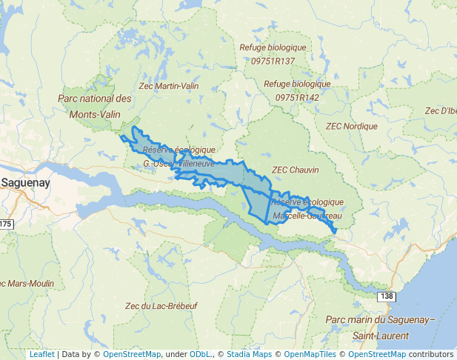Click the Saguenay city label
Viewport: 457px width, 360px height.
pyautogui.click(x=25, y=182)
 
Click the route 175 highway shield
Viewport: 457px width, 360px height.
pyautogui.click(x=6, y=224)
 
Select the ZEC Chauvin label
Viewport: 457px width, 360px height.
pyautogui.click(x=295, y=170)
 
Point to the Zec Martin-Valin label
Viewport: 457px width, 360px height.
pyautogui.click(x=169, y=87)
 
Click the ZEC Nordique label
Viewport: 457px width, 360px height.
pyautogui.click(x=351, y=127)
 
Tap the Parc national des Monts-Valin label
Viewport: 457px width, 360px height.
pyautogui.click(x=94, y=107)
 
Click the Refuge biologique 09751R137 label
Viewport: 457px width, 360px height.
pyautogui.click(x=273, y=54)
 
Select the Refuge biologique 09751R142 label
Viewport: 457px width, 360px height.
pyautogui.click(x=297, y=90)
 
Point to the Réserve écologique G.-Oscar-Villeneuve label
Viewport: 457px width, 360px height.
pyautogui.click(x=179, y=156)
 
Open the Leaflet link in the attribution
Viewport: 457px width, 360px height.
pyautogui.click(x=42, y=354)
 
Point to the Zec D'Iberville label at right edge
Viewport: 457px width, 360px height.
pyautogui.click(x=440, y=111)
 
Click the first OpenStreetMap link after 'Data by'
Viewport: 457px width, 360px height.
pyautogui.click(x=131, y=354)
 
